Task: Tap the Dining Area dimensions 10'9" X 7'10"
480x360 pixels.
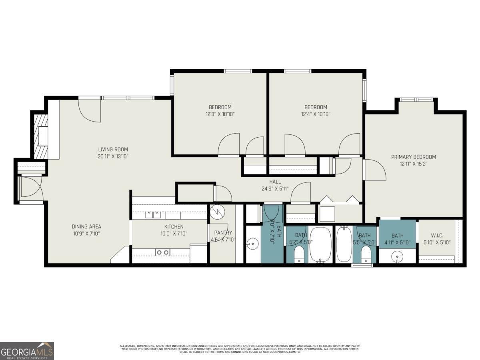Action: (86, 233)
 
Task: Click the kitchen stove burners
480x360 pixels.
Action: (162, 252)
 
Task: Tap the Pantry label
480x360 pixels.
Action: (223, 233)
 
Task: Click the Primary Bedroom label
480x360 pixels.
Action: (413, 157)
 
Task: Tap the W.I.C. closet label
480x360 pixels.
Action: (437, 236)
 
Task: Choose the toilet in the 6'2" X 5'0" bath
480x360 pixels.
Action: (299, 254)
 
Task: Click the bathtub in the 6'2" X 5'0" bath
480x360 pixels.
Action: (320, 244)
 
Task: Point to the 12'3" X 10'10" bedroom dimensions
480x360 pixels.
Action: (220, 114)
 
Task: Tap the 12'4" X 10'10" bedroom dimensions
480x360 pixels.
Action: (316, 114)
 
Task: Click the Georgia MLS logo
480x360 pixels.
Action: (27, 351)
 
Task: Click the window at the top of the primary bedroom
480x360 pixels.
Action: (416, 100)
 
